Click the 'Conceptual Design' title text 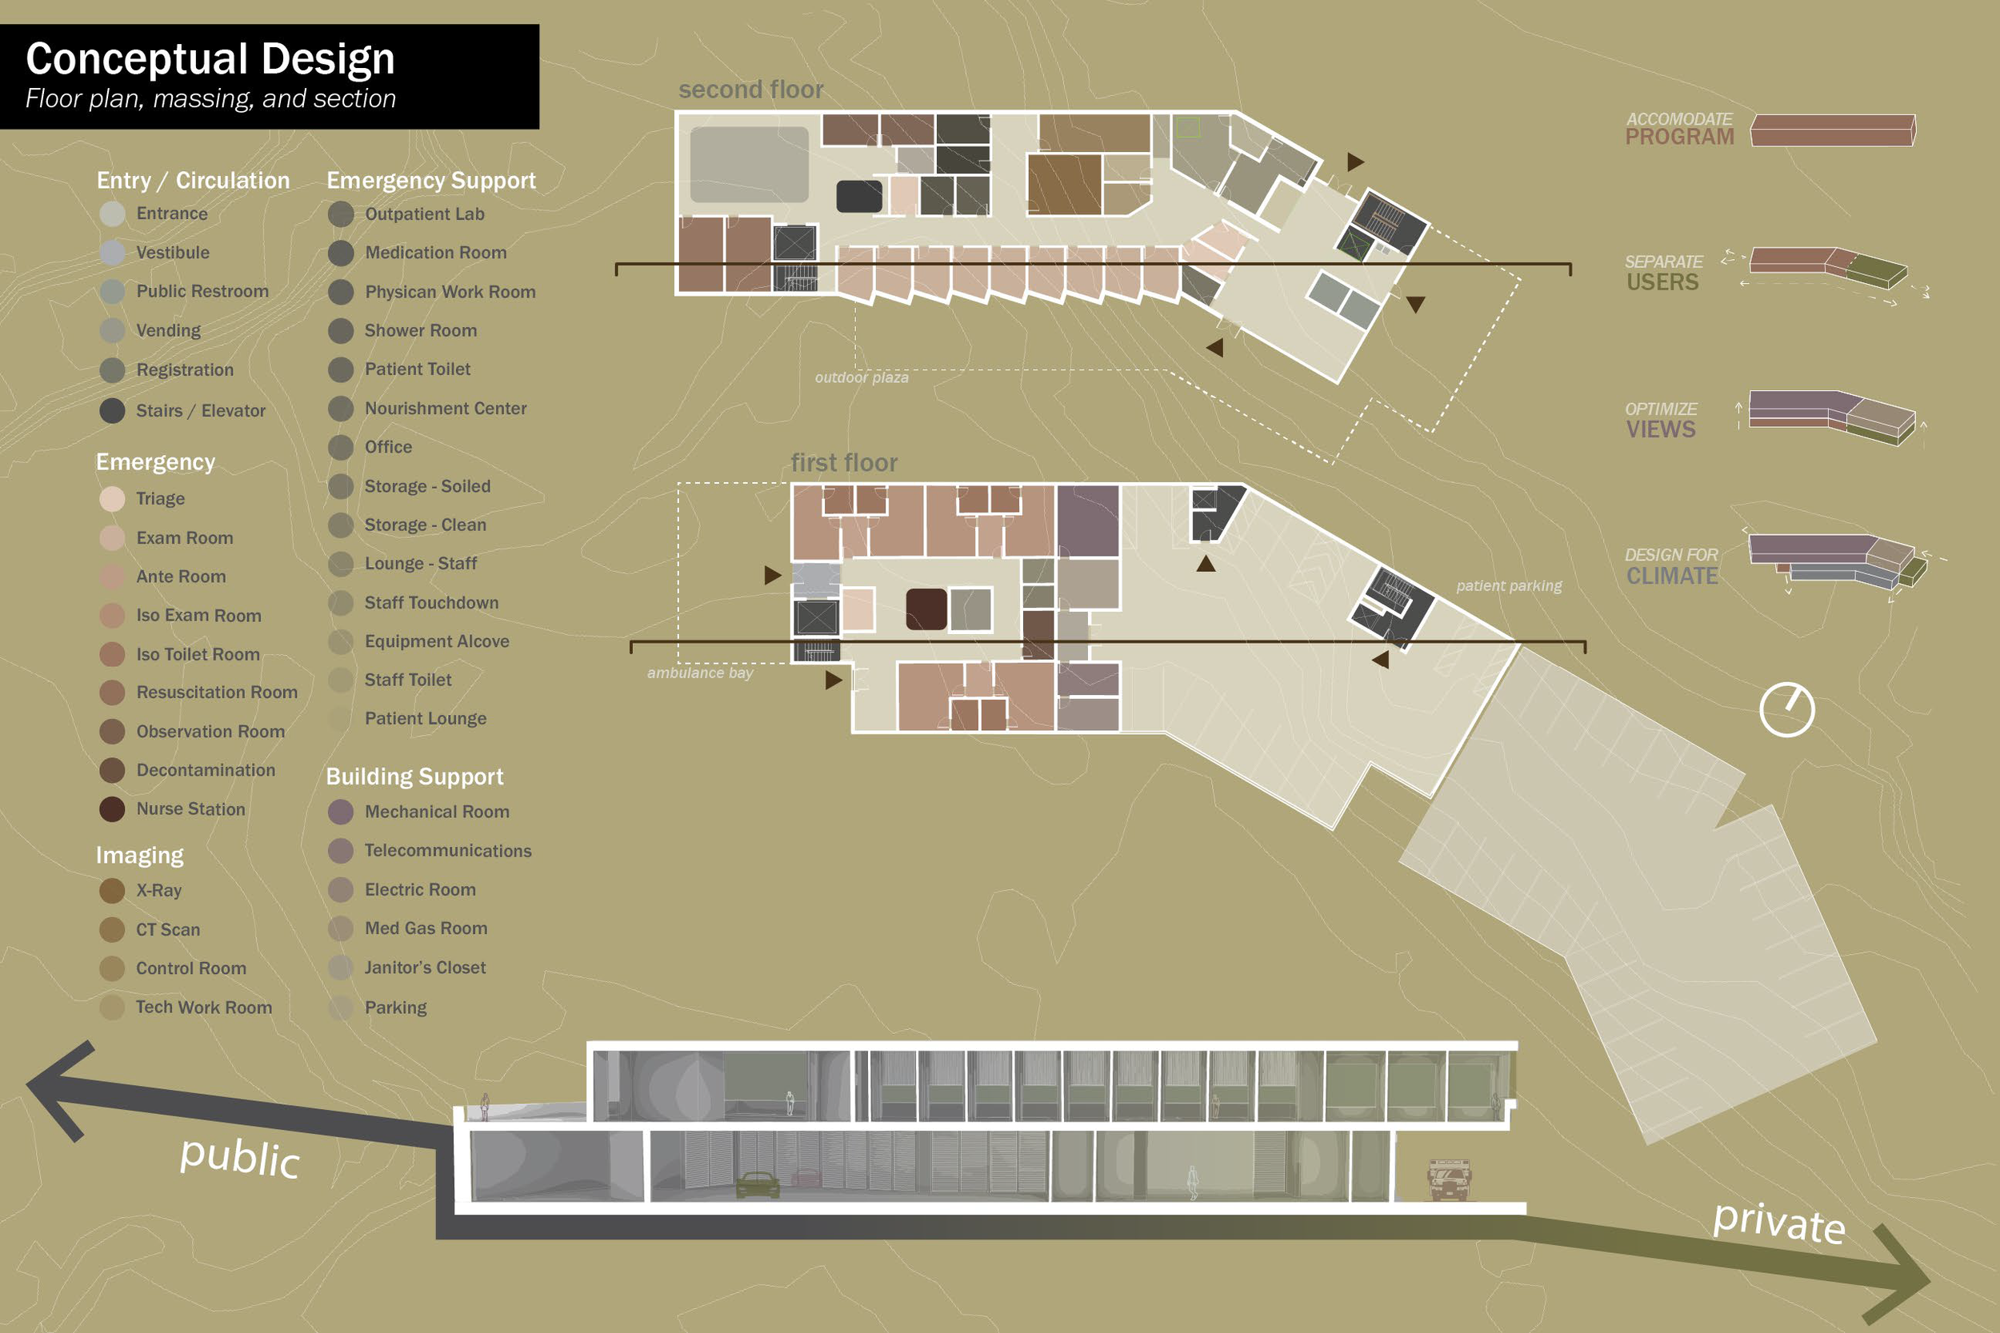(210, 59)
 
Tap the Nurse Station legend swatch (112, 809)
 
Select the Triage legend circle (112, 499)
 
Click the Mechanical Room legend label (437, 812)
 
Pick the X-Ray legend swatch (112, 891)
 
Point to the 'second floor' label (751, 90)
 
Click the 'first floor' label (843, 462)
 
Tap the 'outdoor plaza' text (862, 377)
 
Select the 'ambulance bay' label (700, 672)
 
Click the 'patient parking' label (1509, 586)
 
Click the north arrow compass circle (1786, 709)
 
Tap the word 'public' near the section (240, 1158)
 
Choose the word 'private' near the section (1779, 1223)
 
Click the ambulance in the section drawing (1448, 1180)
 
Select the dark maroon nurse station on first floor (926, 609)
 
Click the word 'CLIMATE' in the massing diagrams (1672, 577)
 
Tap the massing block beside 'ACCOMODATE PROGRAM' (1833, 131)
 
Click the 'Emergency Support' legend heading (431, 180)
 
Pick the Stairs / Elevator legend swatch (112, 410)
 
